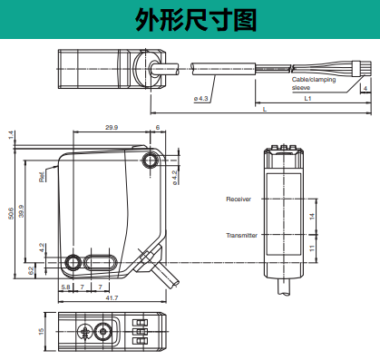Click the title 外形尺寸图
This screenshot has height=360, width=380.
pos(196,20)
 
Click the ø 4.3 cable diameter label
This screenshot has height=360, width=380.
pos(201,99)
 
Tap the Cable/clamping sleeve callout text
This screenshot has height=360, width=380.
pos(314,83)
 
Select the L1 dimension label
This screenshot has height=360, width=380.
pos(307,98)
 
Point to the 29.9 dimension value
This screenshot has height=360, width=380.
pos(112,127)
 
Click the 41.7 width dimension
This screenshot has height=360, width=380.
pos(112,297)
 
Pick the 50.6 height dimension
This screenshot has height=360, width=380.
pos(11,213)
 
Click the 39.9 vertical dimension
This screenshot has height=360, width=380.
pos(21,211)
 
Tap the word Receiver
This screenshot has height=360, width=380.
pos(239,199)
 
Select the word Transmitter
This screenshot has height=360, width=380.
pos(241,235)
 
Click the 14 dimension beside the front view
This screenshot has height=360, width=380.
pos(312,217)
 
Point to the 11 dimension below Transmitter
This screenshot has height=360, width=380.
pos(312,248)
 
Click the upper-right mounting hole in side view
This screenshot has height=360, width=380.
pos(151,161)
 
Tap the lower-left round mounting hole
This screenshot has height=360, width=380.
pos(73,262)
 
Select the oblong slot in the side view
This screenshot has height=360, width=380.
pos(100,262)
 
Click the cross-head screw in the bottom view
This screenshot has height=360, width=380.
pos(85,332)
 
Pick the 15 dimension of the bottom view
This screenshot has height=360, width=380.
pos(41,331)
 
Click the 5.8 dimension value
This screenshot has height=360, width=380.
pos(65,287)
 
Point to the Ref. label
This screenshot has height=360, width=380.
pos(42,177)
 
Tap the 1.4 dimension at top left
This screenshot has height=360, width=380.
pos(11,135)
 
